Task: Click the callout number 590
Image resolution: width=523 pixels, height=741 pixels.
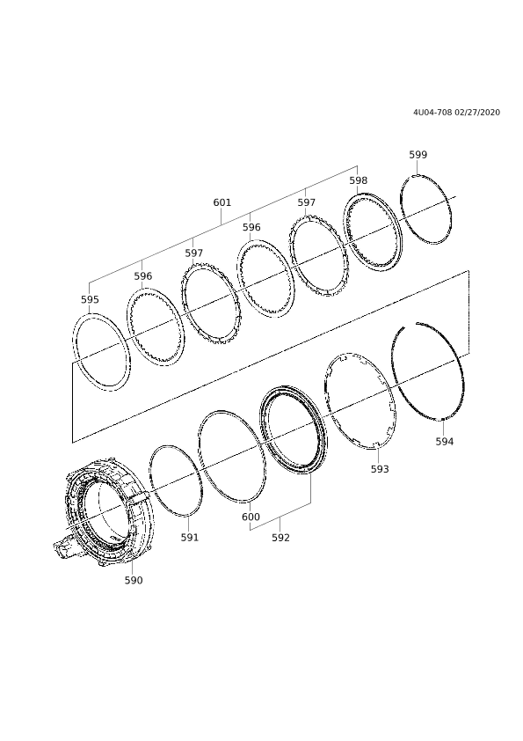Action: coord(134,580)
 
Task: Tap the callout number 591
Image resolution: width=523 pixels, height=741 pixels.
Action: coord(190,538)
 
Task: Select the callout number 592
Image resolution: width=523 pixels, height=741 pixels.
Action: coord(281,538)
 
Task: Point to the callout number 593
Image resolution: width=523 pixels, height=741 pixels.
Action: coord(380,469)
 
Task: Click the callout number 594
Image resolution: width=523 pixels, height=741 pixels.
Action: coord(445,442)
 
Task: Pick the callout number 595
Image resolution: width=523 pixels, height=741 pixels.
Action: coord(90,299)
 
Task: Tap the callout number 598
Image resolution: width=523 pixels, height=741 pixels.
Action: coord(359,180)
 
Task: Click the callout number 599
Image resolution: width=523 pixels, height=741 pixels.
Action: coord(418,155)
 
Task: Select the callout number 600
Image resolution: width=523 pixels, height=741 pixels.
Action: coord(251,517)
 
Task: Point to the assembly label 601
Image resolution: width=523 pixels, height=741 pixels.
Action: coord(222,202)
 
